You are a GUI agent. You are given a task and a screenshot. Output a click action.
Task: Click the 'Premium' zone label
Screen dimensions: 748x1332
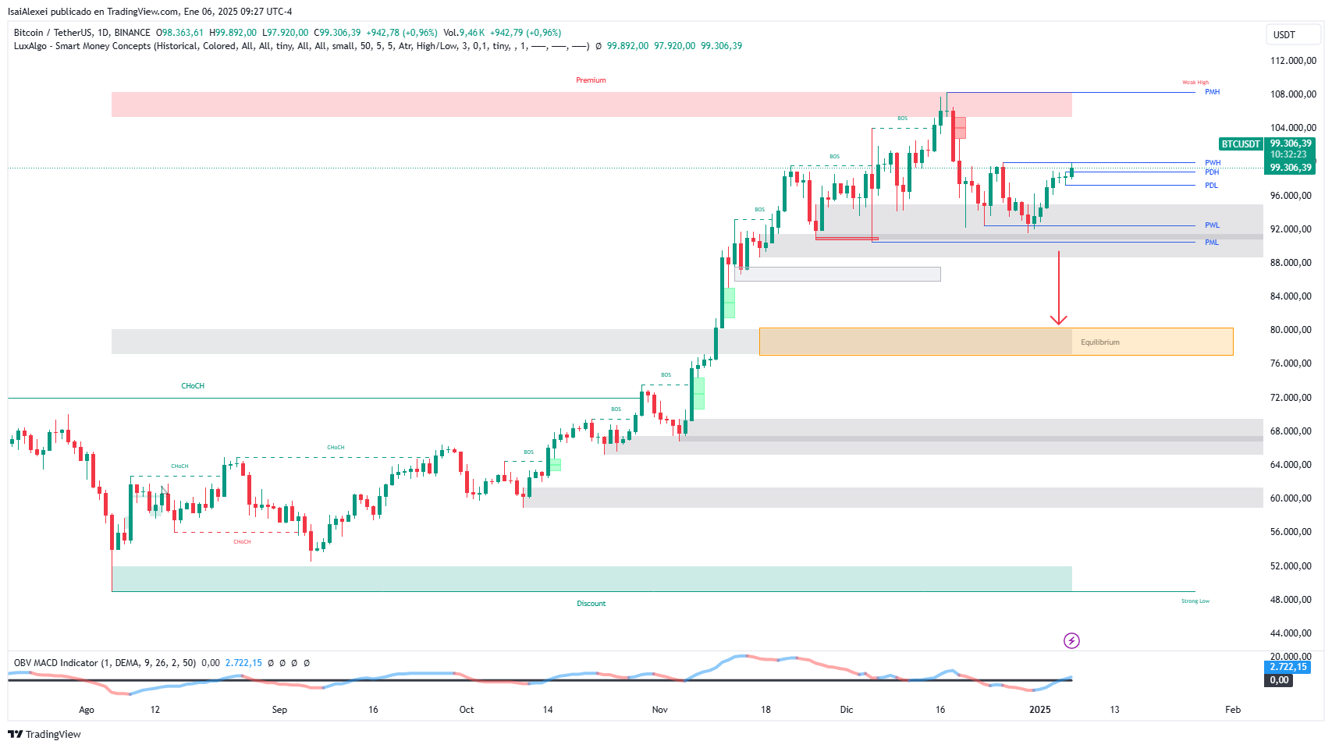(x=591, y=80)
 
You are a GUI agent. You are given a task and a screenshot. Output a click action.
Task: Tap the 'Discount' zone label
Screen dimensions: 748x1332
(x=591, y=604)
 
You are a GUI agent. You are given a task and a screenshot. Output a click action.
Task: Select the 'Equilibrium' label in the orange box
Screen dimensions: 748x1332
(x=1099, y=342)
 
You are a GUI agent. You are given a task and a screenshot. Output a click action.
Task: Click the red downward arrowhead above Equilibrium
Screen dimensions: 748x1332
(x=1058, y=320)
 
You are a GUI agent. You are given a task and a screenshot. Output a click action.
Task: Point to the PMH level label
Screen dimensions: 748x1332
(x=1212, y=92)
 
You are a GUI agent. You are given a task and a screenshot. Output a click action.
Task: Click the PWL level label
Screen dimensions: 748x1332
(x=1212, y=225)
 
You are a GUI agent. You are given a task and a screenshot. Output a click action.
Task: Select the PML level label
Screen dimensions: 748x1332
(x=1211, y=243)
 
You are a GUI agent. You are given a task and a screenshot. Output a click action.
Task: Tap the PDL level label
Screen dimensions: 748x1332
(x=1211, y=186)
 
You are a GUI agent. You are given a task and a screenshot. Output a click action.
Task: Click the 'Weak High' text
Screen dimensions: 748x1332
(x=1195, y=83)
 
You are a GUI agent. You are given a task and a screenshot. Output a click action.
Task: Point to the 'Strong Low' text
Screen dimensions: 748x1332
(x=1195, y=601)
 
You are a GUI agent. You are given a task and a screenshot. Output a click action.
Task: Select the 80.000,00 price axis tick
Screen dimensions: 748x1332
(x=1291, y=330)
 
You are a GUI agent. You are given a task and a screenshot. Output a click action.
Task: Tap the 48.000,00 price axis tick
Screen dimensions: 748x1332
(x=1291, y=600)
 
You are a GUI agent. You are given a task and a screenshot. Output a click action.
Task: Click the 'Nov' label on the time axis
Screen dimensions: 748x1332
(x=659, y=710)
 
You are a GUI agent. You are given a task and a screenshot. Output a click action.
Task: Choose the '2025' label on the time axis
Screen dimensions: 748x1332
(x=1039, y=710)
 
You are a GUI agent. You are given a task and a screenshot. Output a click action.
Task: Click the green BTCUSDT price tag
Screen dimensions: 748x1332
(x=1241, y=144)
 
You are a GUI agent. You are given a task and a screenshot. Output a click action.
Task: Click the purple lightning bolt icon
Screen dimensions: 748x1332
(x=1071, y=641)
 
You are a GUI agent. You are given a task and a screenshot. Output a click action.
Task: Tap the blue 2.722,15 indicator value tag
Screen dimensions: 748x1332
(x=1288, y=667)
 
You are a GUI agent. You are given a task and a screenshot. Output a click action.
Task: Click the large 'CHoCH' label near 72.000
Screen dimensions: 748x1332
(x=193, y=386)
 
